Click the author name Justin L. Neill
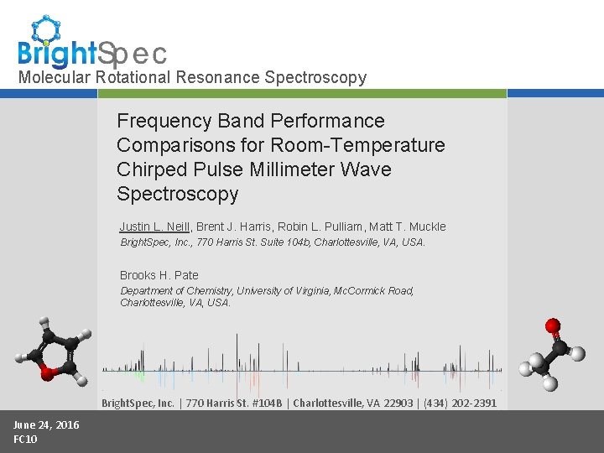[x=155, y=226]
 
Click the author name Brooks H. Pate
[x=159, y=275]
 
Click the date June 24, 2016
[x=46, y=424]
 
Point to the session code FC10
[x=25, y=439]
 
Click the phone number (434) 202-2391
[x=460, y=403]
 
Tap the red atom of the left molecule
[x=48, y=374]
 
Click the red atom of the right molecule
[x=552, y=325]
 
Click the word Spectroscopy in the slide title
[x=178, y=194]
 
